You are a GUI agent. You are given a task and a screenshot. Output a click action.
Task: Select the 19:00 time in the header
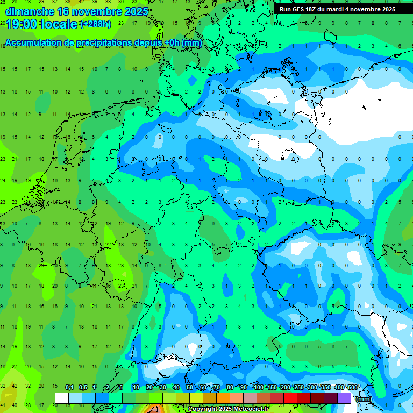pos(21,24)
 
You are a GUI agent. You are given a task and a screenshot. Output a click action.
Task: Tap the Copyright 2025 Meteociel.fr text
pos(228,409)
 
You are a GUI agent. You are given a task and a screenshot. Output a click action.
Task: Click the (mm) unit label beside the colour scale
pos(364,399)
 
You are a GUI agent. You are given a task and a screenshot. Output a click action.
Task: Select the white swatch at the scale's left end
pos(62,398)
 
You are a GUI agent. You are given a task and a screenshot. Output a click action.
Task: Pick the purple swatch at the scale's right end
pos(344,398)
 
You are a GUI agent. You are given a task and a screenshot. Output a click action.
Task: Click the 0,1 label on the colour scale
pos(69,387)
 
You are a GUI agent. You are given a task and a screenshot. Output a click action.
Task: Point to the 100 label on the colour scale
pos(259,387)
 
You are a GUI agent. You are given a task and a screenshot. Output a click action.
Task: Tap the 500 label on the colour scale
pos(353,387)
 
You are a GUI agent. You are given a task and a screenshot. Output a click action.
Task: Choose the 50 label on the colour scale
pos(190,387)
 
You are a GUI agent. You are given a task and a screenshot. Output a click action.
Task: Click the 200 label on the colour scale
pos(286,387)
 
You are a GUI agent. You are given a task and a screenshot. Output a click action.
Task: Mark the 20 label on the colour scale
pos(149,387)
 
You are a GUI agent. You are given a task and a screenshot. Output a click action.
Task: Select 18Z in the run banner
pos(312,9)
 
